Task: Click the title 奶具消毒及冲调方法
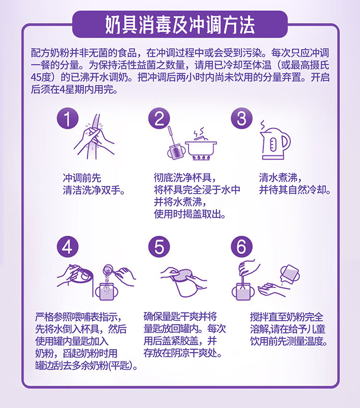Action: tap(180, 24)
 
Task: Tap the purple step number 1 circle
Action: tap(67, 119)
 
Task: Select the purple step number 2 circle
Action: tap(159, 119)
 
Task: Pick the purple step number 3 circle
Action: tap(241, 119)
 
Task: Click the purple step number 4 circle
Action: tap(67, 247)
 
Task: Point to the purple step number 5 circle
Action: tap(159, 247)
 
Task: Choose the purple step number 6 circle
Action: tap(241, 247)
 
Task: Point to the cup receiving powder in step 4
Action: tap(107, 291)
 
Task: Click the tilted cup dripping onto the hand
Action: tap(289, 275)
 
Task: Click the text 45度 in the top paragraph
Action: tap(40, 77)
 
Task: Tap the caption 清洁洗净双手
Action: tap(94, 191)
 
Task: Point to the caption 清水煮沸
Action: tap(280, 178)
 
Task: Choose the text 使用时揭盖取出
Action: tap(190, 215)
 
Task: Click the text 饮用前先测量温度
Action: tap(289, 341)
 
